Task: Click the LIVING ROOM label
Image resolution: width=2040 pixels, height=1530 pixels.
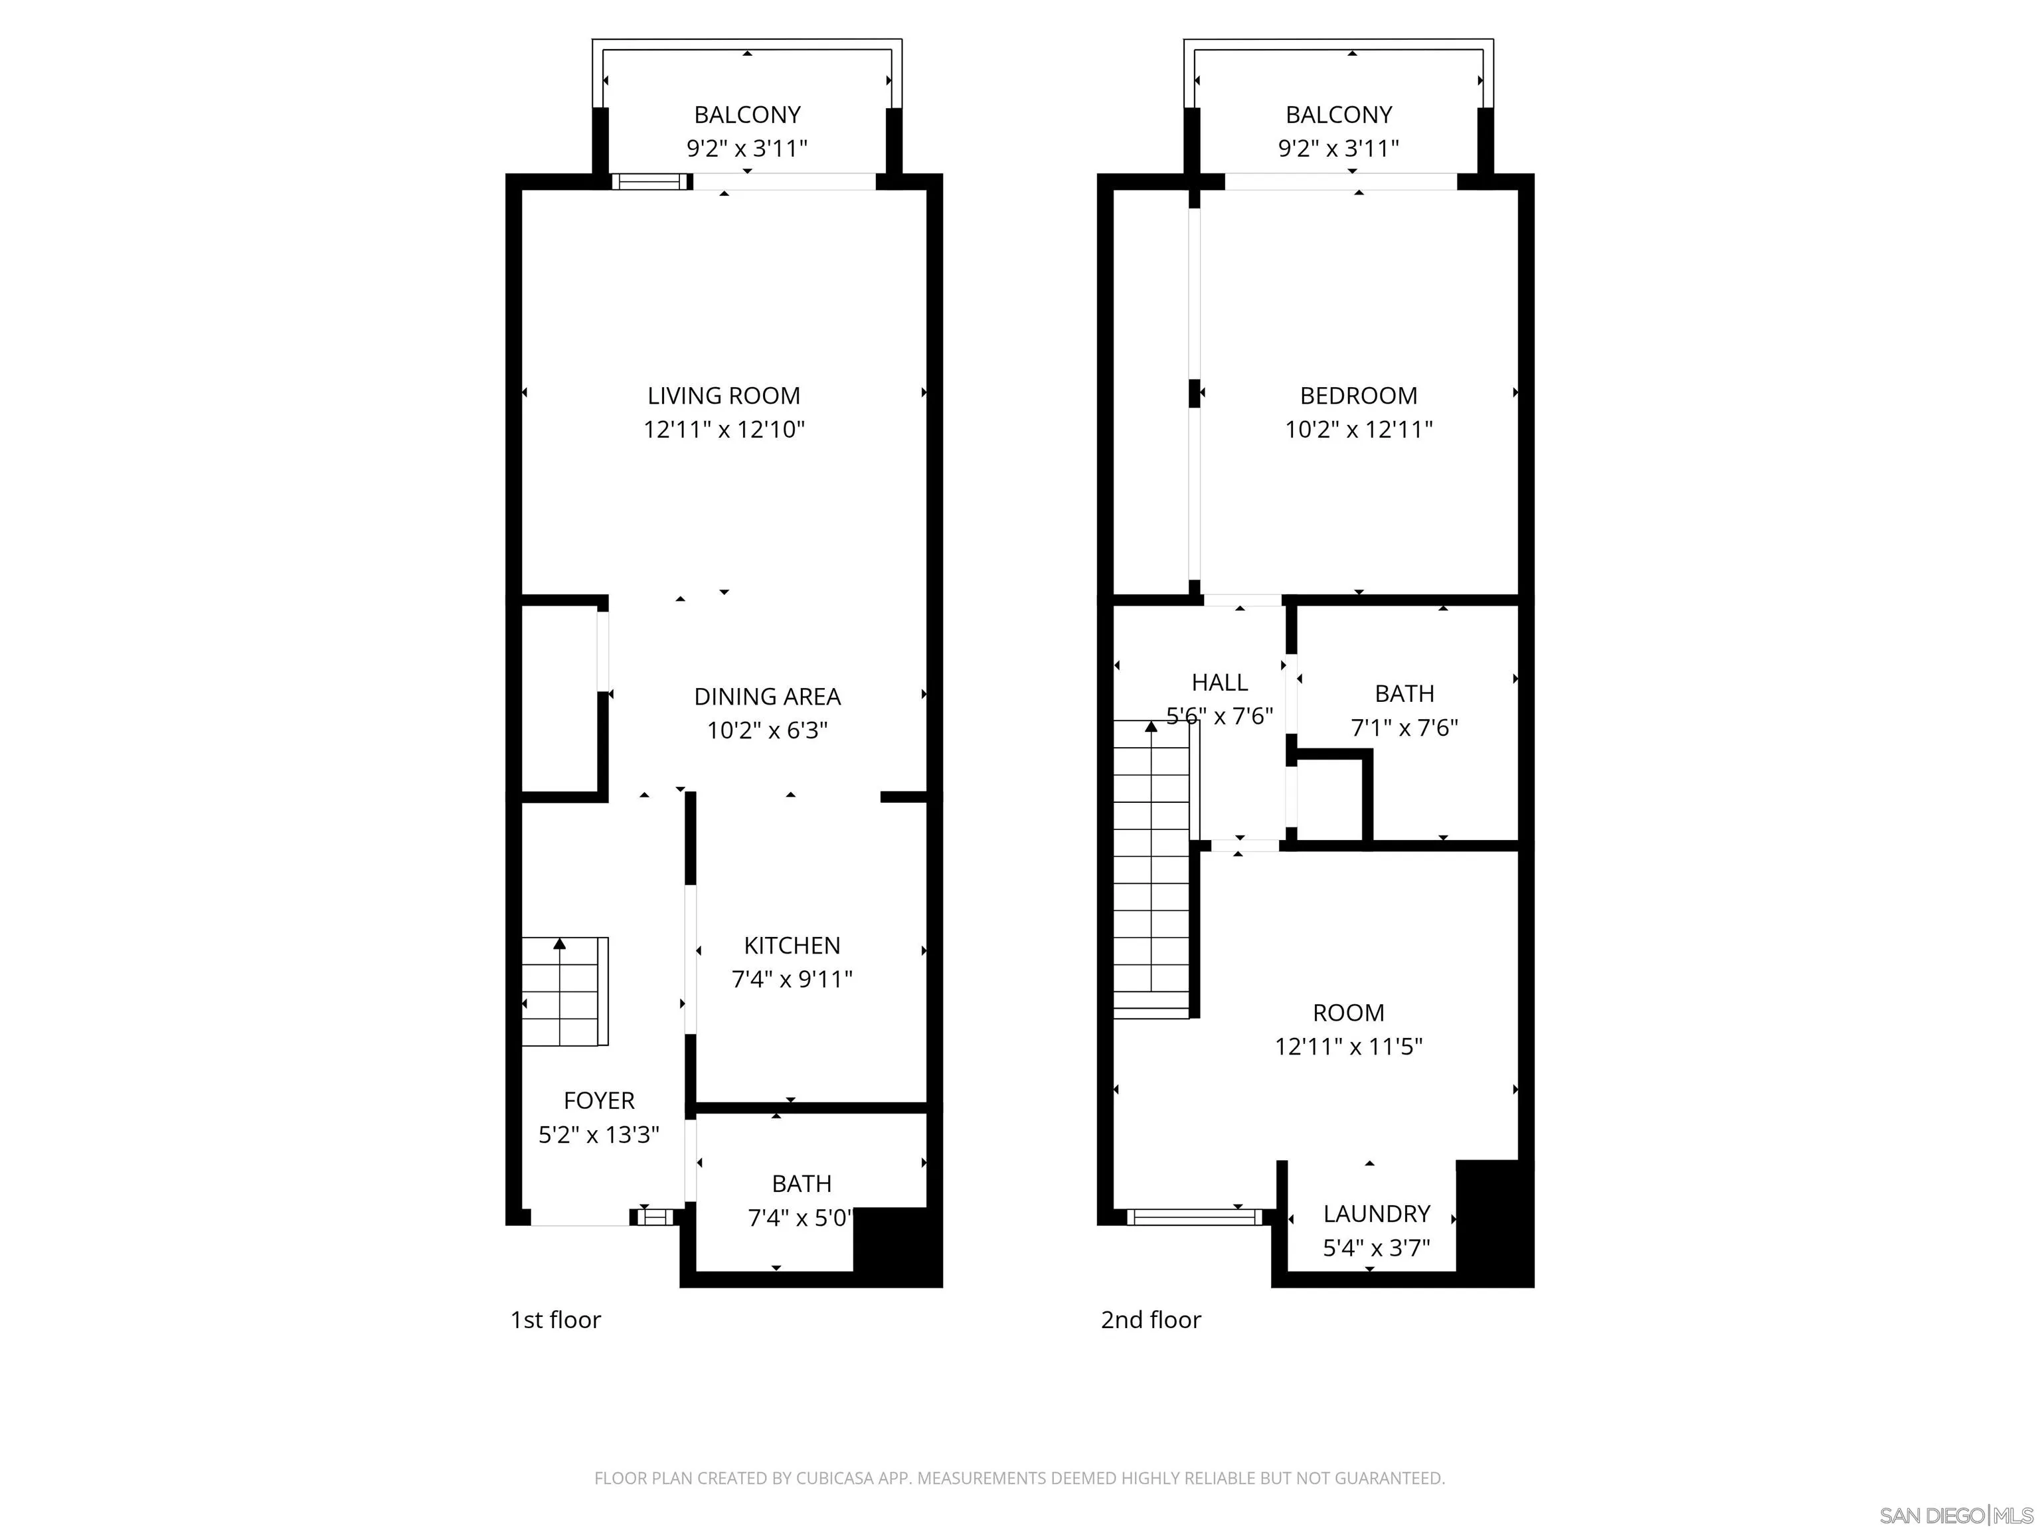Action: (x=723, y=396)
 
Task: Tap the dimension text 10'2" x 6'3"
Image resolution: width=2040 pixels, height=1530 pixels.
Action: (x=766, y=730)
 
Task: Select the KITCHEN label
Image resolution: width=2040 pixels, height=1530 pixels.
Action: (x=792, y=946)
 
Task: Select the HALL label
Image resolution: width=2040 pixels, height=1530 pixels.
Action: (x=1219, y=683)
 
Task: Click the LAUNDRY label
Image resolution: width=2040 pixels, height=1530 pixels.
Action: (x=1376, y=1214)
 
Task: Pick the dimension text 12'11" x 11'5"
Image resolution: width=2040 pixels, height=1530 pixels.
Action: (x=1348, y=1047)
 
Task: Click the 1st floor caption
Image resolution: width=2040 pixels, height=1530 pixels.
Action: (x=555, y=1319)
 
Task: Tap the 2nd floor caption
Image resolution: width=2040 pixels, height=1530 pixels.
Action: (x=1150, y=1319)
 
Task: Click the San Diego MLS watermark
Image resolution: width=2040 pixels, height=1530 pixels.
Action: (x=1955, y=1515)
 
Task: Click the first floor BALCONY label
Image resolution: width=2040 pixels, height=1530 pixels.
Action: (x=747, y=116)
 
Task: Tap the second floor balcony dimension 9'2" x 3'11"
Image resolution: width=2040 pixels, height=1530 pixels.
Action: (x=1338, y=149)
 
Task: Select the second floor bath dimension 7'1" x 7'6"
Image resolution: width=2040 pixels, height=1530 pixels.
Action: (x=1404, y=728)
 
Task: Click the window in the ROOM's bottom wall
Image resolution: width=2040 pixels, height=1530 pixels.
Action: (x=1193, y=1217)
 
